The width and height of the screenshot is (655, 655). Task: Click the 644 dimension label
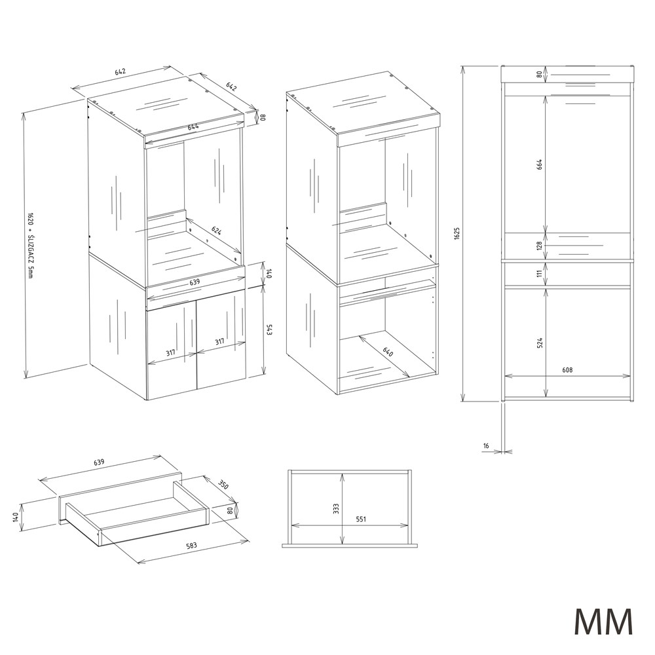193,126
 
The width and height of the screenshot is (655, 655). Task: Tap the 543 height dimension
269,330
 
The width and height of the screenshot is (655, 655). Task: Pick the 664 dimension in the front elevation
539,165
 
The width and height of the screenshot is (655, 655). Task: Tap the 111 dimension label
539,273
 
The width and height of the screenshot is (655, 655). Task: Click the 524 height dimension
539,343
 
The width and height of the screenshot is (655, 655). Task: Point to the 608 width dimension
567,370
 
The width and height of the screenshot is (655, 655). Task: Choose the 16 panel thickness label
485,445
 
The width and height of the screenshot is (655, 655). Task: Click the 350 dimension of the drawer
223,485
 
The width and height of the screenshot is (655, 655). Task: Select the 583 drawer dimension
192,545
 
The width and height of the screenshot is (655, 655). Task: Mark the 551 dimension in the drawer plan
360,519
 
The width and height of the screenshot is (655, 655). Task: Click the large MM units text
603,622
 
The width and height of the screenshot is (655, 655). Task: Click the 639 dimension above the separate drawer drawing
99,462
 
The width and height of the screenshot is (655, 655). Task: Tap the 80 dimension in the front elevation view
539,75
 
